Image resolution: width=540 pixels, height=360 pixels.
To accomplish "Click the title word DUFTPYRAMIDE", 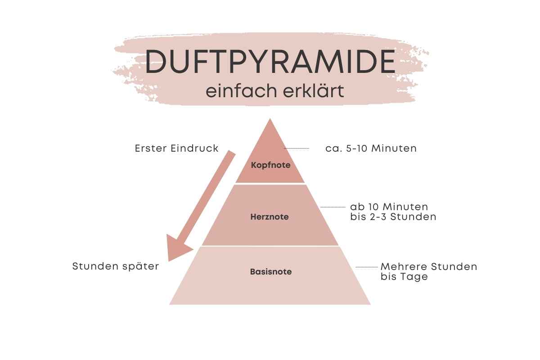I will point(270,62).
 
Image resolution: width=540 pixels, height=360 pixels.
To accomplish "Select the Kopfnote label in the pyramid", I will point(270,165).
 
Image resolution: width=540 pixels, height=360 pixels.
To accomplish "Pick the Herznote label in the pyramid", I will point(270,217).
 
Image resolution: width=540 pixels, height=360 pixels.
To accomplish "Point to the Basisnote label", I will point(271,272).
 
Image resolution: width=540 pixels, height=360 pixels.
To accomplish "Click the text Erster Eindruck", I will point(176,148).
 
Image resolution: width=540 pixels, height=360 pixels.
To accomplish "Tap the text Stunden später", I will point(116,266).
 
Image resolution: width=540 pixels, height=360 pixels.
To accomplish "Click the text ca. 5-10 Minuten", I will point(371,148).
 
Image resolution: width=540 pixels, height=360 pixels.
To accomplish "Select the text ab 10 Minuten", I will point(389,207).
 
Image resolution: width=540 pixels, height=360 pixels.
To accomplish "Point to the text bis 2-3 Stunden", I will point(393,217).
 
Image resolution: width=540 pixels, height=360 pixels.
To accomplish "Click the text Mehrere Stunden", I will point(428,266).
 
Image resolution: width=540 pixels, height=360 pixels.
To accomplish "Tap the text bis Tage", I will point(404,277).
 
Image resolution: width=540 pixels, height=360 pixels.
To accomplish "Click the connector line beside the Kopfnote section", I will point(297,148).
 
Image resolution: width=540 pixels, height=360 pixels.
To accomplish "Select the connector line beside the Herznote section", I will point(333,207).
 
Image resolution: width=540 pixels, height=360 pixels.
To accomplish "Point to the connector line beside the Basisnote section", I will point(367,267).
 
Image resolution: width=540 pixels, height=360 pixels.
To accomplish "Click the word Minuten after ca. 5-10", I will point(394,148).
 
